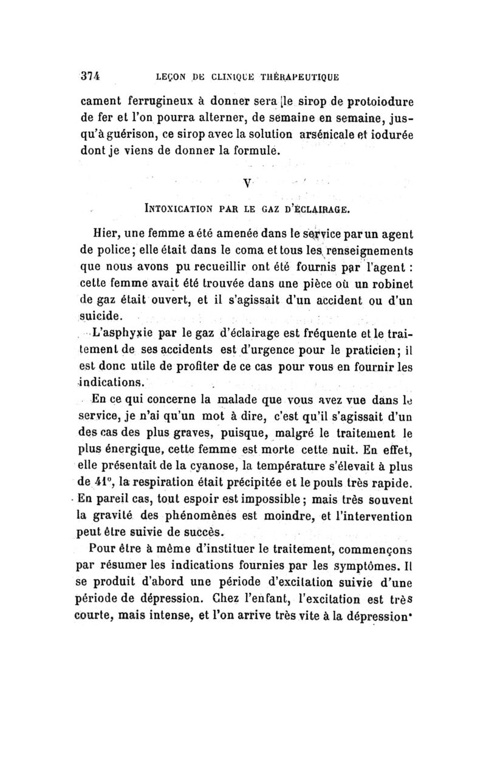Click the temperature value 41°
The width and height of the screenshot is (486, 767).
coord(115,484)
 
